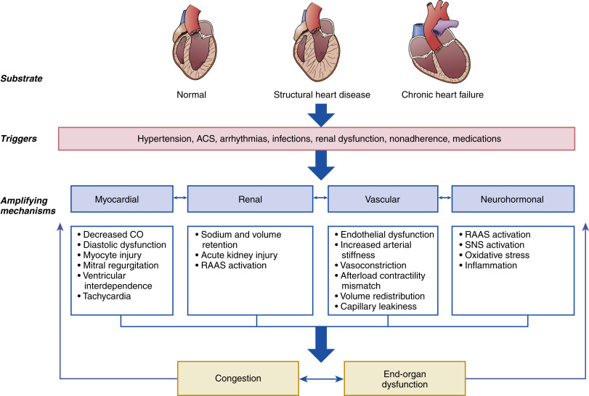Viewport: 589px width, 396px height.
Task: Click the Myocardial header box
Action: tap(122, 199)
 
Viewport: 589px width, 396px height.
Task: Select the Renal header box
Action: tap(250, 199)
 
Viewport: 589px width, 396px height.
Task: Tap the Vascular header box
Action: tap(383, 199)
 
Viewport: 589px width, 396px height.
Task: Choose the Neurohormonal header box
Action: tap(513, 199)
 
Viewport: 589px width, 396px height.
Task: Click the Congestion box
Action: tap(237, 379)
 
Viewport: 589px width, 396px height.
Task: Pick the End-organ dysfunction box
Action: tap(405, 379)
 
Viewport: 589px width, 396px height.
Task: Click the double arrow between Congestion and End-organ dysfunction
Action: tap(322, 379)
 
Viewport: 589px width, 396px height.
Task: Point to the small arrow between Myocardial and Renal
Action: tap(180, 198)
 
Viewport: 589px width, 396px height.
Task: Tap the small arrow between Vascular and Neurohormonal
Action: tap(444, 198)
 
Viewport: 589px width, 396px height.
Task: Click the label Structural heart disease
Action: tap(322, 94)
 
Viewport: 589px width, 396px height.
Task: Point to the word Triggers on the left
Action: tap(19, 139)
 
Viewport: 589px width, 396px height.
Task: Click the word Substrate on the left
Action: tap(21, 78)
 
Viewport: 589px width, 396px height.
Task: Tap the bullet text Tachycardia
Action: tap(107, 296)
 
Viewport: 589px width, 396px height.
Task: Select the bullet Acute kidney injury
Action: tap(239, 255)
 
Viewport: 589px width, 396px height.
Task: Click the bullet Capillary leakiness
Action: tap(378, 307)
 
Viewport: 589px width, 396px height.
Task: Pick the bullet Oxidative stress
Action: tap(497, 255)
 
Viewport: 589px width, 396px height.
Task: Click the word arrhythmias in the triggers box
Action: tap(244, 139)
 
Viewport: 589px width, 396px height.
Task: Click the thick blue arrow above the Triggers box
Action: tap(321, 115)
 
